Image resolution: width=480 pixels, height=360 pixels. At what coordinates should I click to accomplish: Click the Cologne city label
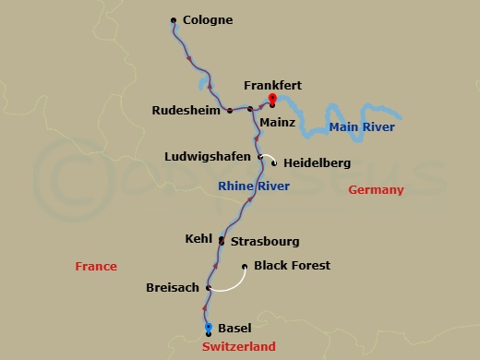coord(208,19)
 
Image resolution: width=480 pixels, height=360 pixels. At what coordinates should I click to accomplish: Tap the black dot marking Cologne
coord(174,19)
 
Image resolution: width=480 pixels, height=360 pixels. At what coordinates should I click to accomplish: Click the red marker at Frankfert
coord(272,99)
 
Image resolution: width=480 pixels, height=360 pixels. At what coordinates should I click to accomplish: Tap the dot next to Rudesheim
coord(228,110)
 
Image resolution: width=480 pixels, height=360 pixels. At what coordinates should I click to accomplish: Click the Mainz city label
coord(277,121)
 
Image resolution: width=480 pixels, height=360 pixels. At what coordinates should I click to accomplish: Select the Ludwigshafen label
coord(210,155)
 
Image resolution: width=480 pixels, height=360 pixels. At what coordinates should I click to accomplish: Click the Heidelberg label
coord(317,163)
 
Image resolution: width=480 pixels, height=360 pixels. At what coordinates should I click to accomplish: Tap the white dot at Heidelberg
coord(274,162)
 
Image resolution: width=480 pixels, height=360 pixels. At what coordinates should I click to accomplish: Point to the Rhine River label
coord(253,186)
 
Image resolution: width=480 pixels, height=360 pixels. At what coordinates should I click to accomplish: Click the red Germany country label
coord(376,190)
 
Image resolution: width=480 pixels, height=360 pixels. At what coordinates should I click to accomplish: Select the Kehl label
coord(199,238)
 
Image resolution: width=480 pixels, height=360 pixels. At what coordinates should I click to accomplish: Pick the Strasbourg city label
coord(264,242)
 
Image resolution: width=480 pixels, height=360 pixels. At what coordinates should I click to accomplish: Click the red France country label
coord(96,267)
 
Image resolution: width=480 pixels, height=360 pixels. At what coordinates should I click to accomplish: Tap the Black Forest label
coord(292,266)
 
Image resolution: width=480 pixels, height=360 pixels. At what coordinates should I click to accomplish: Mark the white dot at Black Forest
coord(244,268)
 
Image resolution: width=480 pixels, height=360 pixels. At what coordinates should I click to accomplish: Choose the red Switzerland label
coord(238,346)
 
